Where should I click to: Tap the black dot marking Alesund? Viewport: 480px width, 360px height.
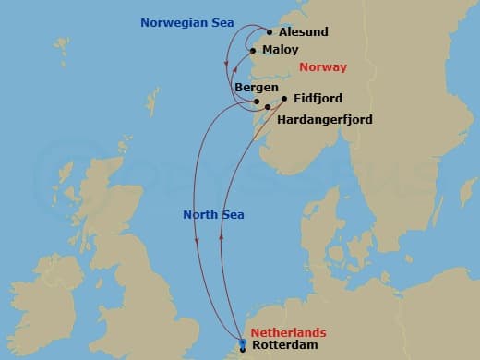click(x=270, y=31)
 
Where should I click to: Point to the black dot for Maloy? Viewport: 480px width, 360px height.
click(x=252, y=50)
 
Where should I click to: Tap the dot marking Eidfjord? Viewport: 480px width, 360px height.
click(x=283, y=98)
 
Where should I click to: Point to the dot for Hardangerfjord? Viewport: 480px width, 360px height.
click(x=268, y=107)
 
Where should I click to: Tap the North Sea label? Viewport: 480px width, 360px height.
click(x=213, y=214)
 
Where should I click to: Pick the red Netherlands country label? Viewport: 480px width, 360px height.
click(x=290, y=331)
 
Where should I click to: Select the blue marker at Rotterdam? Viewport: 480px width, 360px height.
click(x=242, y=344)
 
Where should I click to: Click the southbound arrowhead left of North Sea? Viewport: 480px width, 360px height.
click(x=197, y=242)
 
